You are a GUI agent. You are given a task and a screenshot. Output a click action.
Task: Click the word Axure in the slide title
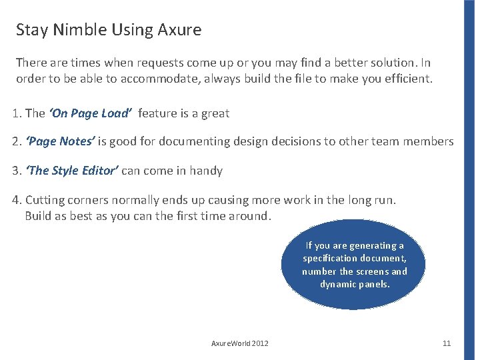[x=180, y=30]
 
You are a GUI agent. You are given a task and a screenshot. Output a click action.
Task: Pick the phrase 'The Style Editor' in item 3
[x=72, y=171]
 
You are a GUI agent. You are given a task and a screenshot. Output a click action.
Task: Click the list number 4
[x=17, y=200]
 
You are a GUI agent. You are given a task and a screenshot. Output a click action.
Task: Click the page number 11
[x=447, y=343]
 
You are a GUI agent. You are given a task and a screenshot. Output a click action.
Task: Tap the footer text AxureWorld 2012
[x=240, y=343]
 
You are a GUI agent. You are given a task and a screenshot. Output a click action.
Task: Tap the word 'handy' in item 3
[x=207, y=171]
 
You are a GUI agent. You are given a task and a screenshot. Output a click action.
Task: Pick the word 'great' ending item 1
[x=215, y=113]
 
